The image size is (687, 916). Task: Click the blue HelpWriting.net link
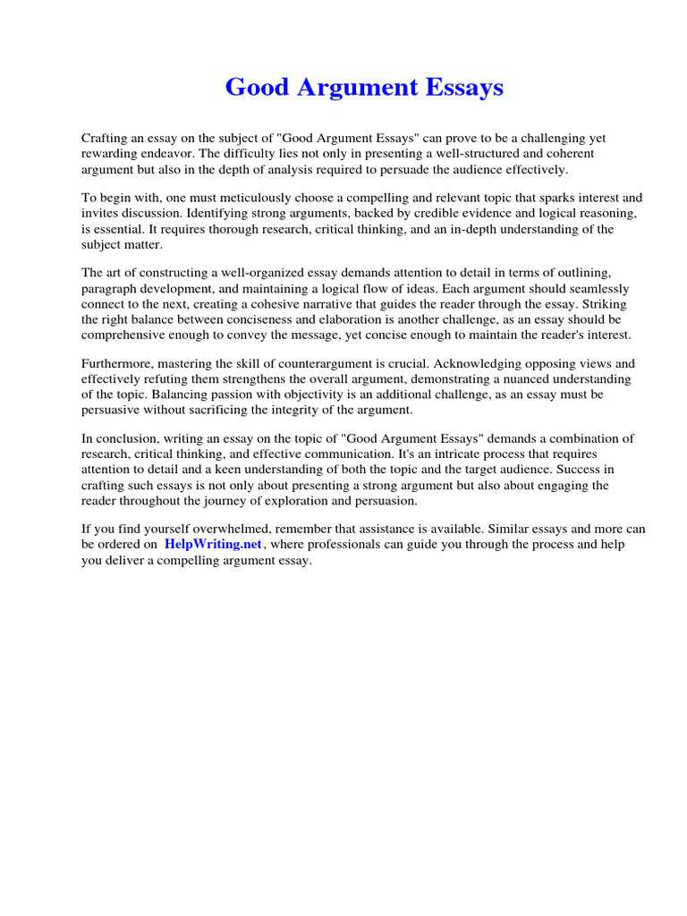[x=213, y=545]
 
